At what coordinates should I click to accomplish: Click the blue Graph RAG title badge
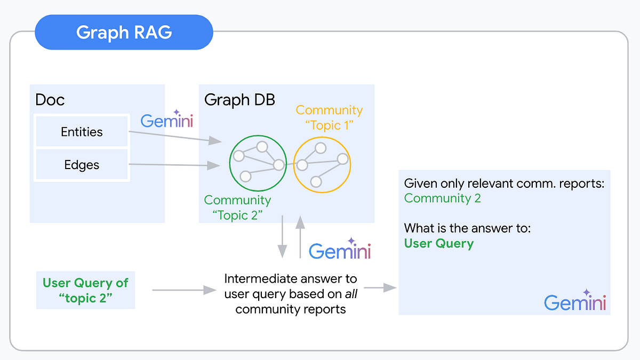124,33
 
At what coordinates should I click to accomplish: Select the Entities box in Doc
82,132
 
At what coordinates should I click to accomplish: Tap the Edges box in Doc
82,165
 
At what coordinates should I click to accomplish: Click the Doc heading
50,100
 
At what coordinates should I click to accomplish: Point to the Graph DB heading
239,100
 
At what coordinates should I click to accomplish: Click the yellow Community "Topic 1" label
329,117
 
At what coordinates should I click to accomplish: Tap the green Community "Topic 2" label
237,207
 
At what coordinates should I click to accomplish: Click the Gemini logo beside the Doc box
167,121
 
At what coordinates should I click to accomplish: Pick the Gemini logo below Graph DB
340,250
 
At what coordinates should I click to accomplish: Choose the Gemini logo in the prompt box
575,302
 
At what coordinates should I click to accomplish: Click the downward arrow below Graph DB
282,238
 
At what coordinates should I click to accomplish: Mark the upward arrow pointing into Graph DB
300,237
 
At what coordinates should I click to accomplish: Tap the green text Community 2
442,198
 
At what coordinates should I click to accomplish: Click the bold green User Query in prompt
438,244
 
